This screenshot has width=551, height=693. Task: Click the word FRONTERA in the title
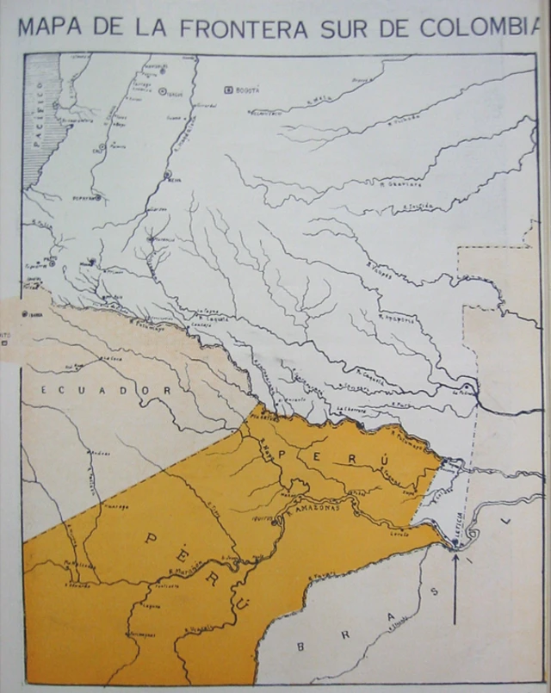click(x=245, y=28)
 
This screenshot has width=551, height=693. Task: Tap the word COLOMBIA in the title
click(x=481, y=28)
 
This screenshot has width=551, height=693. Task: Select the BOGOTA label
click(x=248, y=90)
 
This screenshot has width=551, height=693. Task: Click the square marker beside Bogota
click(x=228, y=90)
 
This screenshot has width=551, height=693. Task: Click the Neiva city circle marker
click(x=167, y=174)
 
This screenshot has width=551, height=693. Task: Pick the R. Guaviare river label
click(x=396, y=183)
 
